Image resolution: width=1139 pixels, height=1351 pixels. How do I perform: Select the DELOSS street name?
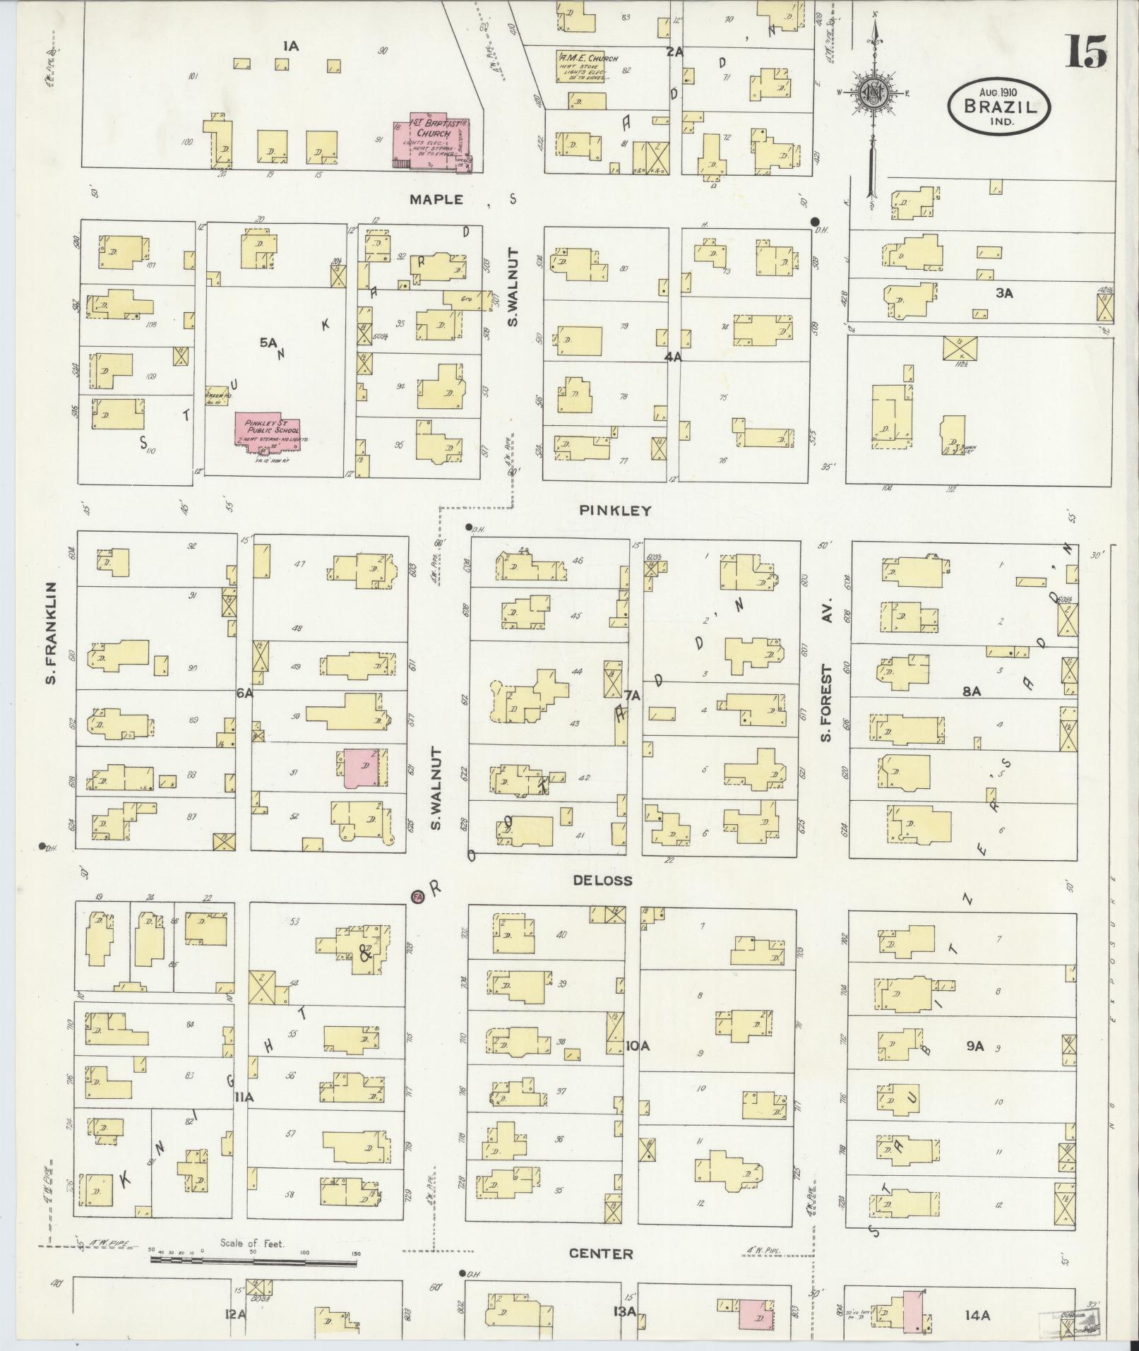[602, 880]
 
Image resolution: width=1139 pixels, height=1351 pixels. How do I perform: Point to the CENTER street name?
[601, 1253]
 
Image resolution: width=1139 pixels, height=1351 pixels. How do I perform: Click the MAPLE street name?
[437, 199]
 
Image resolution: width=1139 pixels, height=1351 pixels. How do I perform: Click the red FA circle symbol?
[417, 896]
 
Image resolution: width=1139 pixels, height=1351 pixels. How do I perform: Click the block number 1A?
[290, 47]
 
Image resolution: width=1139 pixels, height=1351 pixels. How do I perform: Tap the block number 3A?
[1004, 292]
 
